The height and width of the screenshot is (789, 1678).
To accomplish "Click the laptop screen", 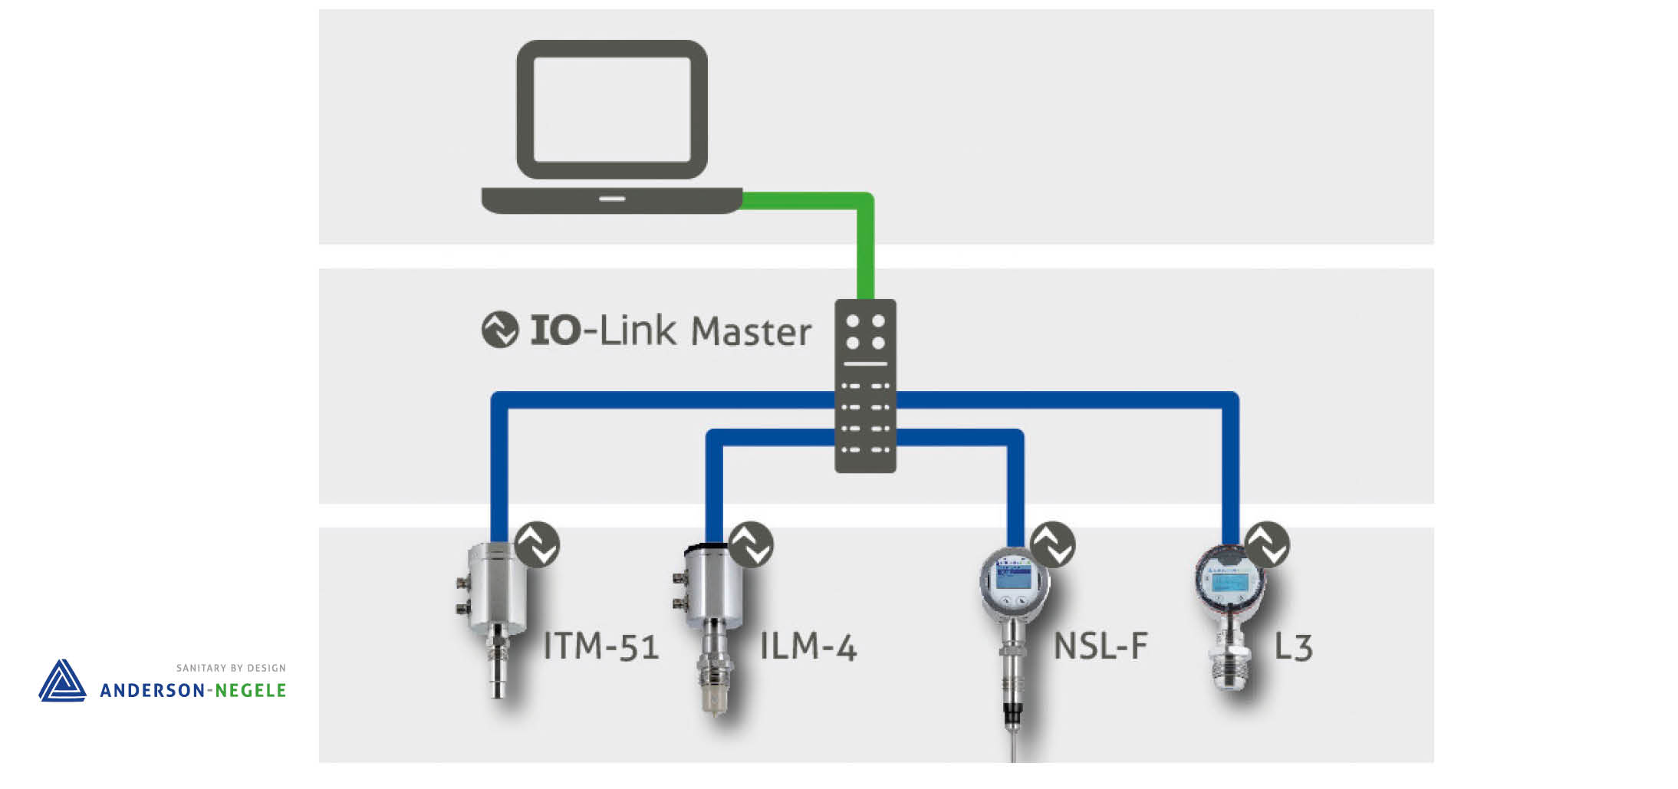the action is point(611,109).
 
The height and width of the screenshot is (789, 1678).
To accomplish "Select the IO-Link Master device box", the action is point(865,386).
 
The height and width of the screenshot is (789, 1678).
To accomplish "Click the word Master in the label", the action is point(751,332).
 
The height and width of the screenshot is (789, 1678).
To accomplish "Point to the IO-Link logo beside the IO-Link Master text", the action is point(500,330).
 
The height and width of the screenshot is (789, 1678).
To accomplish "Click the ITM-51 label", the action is point(600,646).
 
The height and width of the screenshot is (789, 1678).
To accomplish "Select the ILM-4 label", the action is point(808,646).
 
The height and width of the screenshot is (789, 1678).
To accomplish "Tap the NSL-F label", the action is point(1101,646).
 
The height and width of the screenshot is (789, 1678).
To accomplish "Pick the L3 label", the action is point(1293,647).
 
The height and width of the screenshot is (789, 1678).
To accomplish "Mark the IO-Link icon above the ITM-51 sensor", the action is point(537,544).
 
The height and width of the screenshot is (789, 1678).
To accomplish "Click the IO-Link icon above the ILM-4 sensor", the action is point(751,544).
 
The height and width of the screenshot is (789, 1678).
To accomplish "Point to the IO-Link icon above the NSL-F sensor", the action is point(1053,544).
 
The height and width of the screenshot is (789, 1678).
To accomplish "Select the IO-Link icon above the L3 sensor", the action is point(1267,544).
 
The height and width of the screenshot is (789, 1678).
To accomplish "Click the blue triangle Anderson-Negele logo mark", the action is point(62,681).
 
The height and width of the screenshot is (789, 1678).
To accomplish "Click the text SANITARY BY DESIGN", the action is point(231,668).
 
